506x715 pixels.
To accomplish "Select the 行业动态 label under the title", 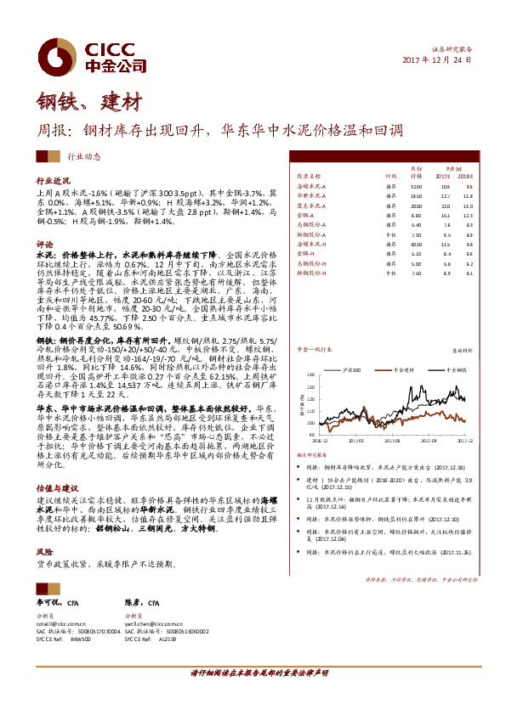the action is tap(83, 155).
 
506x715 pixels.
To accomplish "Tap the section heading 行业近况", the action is tap(53, 182).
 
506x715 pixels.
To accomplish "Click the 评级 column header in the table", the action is tap(390, 176).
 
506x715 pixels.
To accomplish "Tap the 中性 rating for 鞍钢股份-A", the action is tap(391, 233).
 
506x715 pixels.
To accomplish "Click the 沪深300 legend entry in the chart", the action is tap(346, 370).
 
